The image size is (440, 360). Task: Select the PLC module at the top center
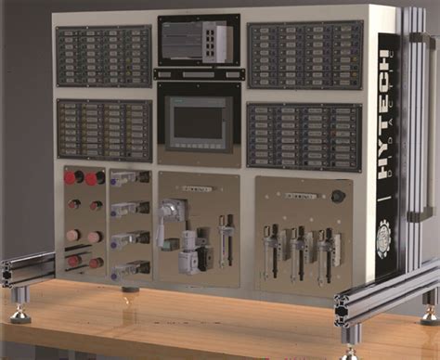click(x=198, y=42)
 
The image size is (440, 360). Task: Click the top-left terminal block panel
click(x=103, y=57)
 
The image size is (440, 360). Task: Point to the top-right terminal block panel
click(x=304, y=53)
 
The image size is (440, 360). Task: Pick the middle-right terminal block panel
click(x=304, y=136)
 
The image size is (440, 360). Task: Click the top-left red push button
click(x=71, y=177)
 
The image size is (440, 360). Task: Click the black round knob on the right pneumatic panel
click(x=339, y=197)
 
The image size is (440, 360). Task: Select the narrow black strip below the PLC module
click(x=198, y=73)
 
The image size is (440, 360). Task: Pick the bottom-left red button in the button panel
click(x=74, y=263)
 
